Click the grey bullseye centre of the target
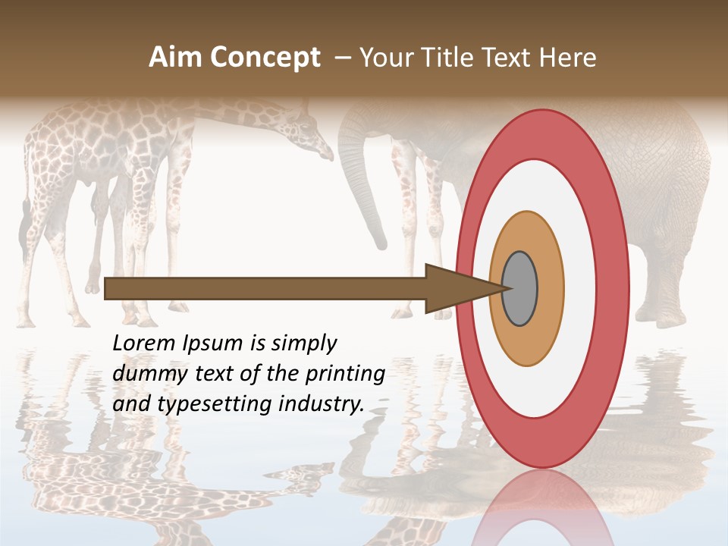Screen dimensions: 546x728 [x=520, y=288]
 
